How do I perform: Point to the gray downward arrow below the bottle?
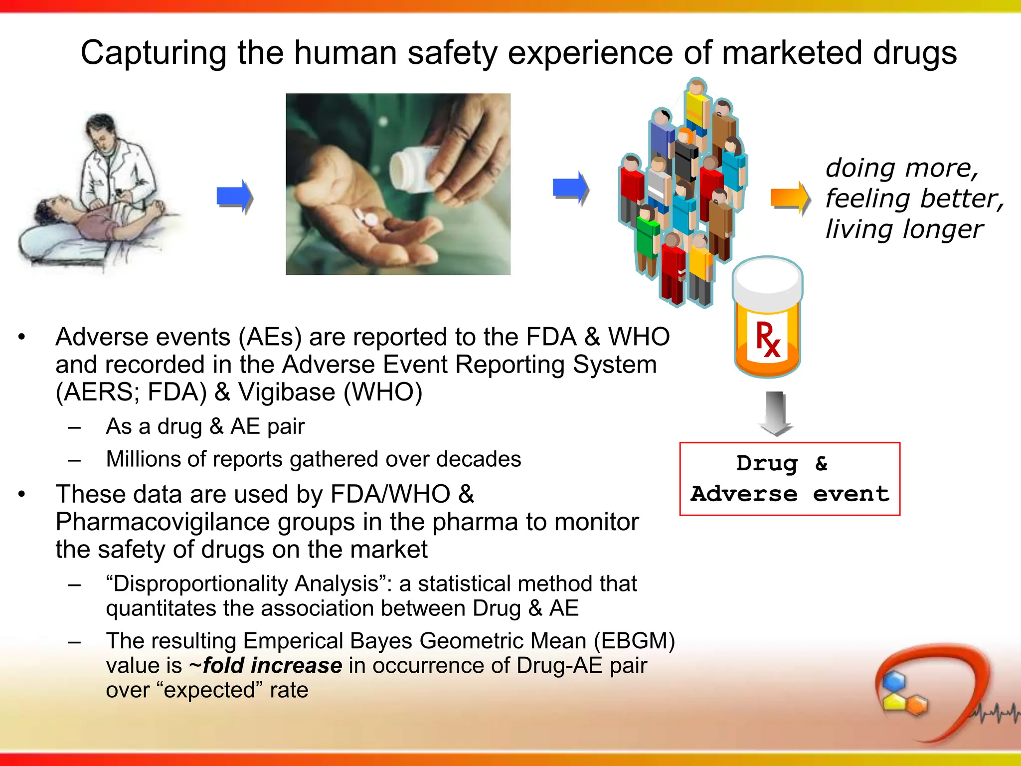coord(775,413)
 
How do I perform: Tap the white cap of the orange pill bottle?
coord(767,283)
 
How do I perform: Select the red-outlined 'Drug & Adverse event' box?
coord(790,479)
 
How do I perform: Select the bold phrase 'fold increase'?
coord(272,666)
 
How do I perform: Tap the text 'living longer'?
coord(904,229)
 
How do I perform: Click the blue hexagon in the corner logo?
coord(893,681)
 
